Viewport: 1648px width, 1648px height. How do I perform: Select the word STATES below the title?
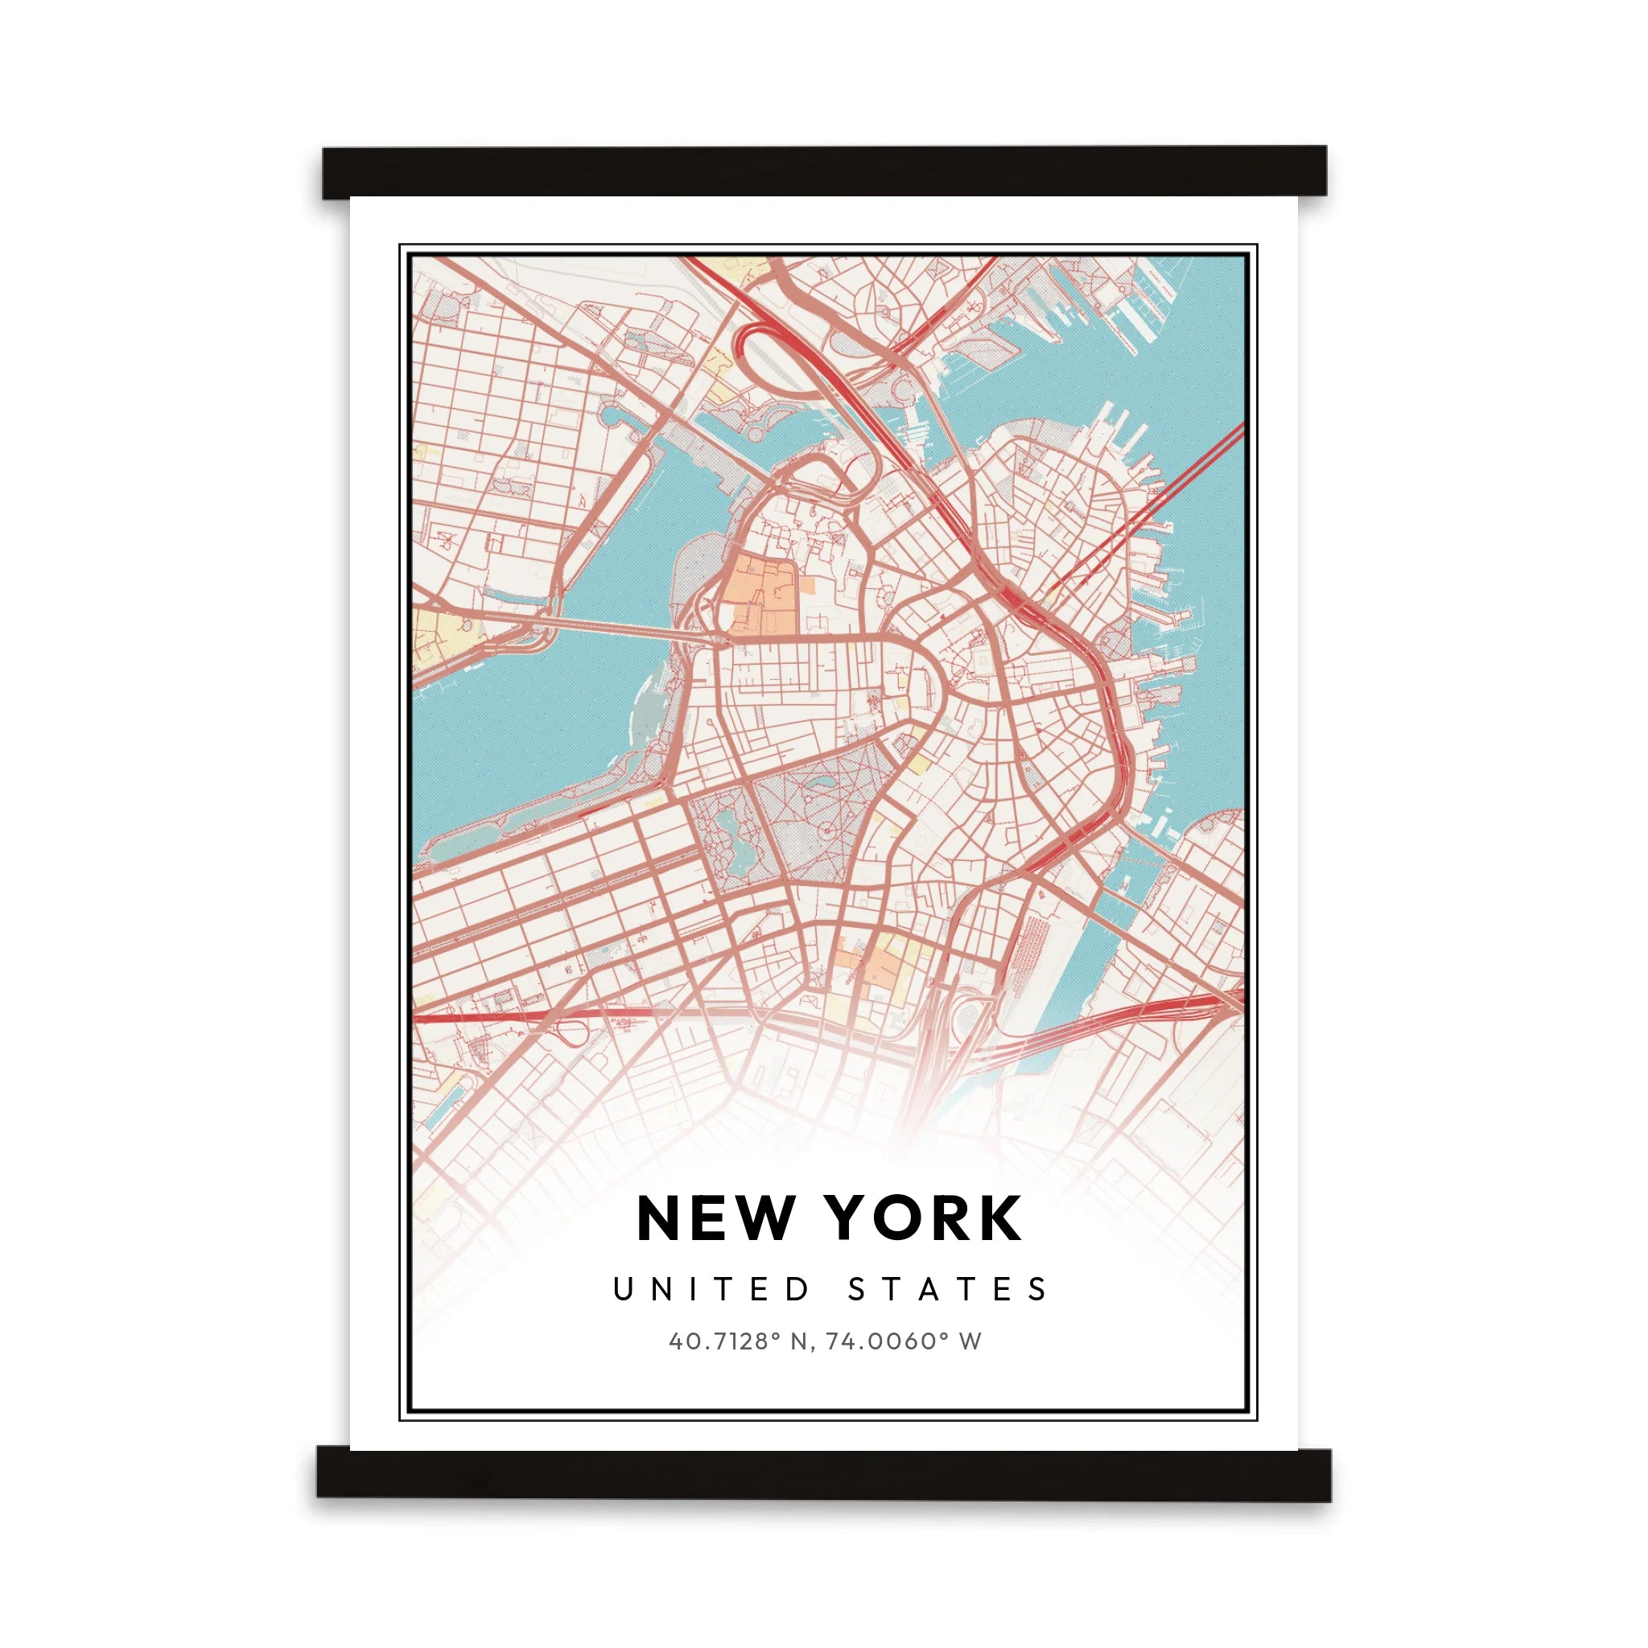click(x=948, y=1289)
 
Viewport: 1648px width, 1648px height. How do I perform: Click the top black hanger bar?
click(x=824, y=171)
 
